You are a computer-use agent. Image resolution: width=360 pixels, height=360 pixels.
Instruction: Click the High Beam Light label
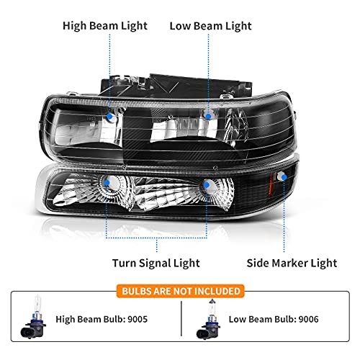click(105, 26)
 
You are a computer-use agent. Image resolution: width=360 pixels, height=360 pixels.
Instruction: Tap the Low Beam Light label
click(210, 26)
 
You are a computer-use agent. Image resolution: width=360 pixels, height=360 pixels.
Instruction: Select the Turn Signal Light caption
click(156, 264)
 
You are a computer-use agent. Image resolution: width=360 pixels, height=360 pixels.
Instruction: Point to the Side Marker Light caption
click(292, 263)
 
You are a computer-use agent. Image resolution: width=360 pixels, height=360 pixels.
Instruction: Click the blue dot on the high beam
click(110, 117)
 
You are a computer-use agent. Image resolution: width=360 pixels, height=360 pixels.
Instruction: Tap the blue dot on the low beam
click(208, 117)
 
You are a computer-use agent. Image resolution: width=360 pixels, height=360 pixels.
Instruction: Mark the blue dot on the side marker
click(284, 177)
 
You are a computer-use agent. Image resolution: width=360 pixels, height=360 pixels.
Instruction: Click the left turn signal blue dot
click(107, 183)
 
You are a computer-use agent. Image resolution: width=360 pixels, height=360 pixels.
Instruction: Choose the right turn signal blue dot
click(207, 185)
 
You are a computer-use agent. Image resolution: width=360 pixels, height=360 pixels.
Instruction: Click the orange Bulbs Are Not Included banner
click(181, 291)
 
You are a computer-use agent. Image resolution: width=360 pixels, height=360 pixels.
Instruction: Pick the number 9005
click(138, 319)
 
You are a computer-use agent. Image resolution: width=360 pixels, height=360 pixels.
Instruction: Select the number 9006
click(308, 319)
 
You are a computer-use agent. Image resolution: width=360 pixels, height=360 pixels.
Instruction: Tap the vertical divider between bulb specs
click(181, 319)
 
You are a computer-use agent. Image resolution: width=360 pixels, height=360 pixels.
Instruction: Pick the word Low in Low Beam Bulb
click(237, 319)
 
